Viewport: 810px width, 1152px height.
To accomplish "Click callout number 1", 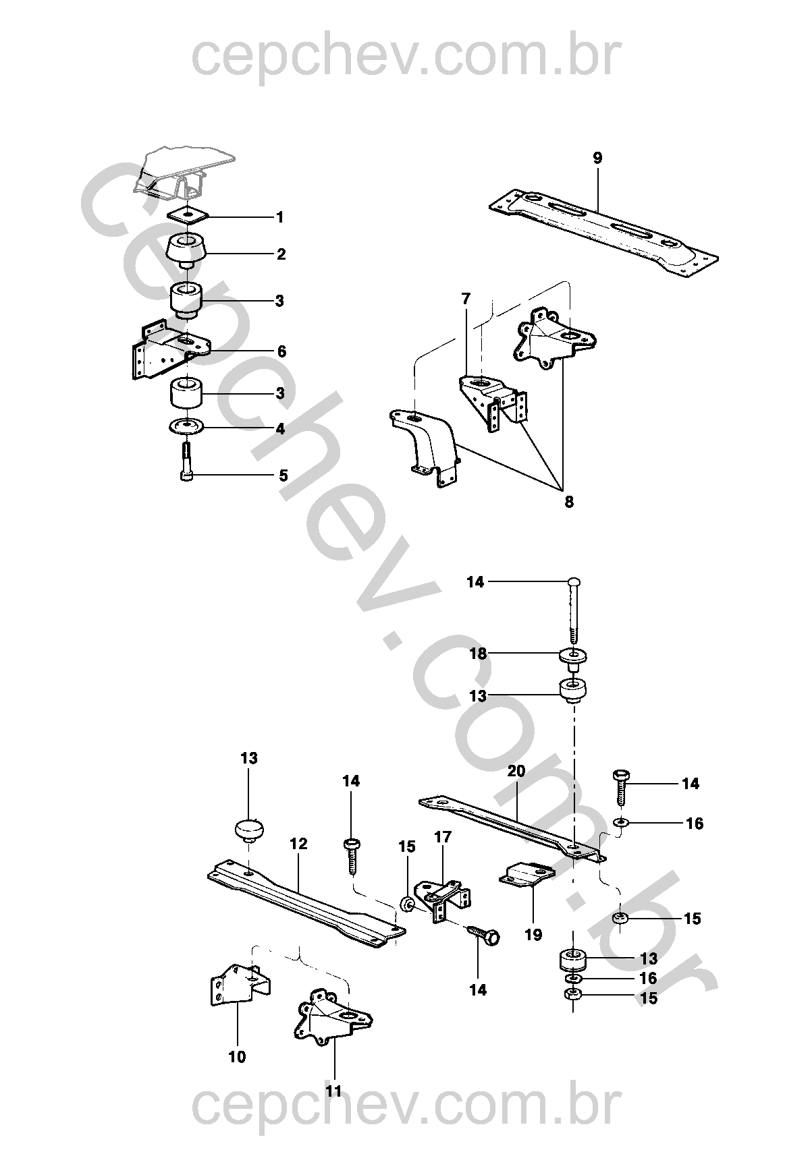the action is pos(280,218).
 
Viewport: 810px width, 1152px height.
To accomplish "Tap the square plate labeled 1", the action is pos(188,214).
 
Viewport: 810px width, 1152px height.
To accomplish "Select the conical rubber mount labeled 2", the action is pos(188,250).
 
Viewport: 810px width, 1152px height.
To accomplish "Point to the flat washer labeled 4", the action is pos(186,426).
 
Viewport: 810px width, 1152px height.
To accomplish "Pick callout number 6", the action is pos(281,351).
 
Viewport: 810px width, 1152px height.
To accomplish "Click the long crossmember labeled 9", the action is pos(603,226).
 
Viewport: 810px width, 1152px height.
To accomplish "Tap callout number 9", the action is pos(597,158).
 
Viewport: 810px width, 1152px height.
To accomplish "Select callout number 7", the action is pos(466,299).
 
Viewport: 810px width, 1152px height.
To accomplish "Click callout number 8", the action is pos(568,501).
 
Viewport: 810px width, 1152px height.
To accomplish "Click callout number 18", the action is pos(478,654).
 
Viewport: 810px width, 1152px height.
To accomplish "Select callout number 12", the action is pos(298,843).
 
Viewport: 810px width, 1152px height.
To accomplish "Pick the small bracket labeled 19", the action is pos(527,874).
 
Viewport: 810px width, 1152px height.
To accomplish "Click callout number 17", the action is pos(443,837).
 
